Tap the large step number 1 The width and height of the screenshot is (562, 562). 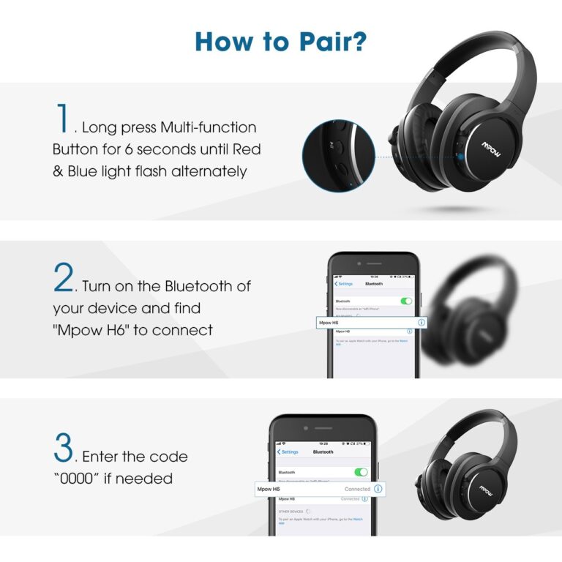[x=63, y=120]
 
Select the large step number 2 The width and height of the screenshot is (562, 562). [x=64, y=279]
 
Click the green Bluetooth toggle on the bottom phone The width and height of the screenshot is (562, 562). [x=361, y=473]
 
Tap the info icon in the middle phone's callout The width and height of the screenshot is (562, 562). [x=421, y=322]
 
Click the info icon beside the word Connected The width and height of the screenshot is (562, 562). [x=378, y=488]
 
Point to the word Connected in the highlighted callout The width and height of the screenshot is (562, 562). [x=357, y=489]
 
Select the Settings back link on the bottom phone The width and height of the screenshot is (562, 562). [x=290, y=452]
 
